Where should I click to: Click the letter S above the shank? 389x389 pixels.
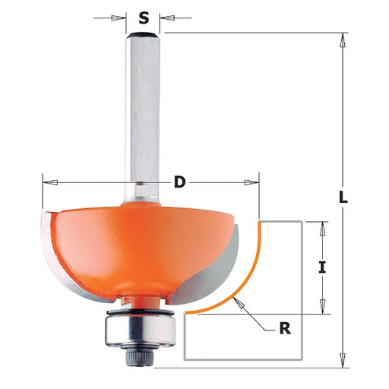[x=144, y=18]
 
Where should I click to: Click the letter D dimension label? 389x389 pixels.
[x=180, y=182]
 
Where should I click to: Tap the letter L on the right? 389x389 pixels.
[x=343, y=198]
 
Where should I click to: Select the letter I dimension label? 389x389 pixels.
[x=322, y=267]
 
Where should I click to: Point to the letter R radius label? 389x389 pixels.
[x=285, y=328]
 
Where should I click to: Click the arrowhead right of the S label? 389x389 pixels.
[x=166, y=18]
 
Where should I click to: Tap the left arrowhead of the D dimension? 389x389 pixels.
[x=50, y=182]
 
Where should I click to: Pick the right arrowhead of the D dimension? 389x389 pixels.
[x=251, y=182]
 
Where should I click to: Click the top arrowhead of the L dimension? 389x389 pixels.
[x=343, y=40]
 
